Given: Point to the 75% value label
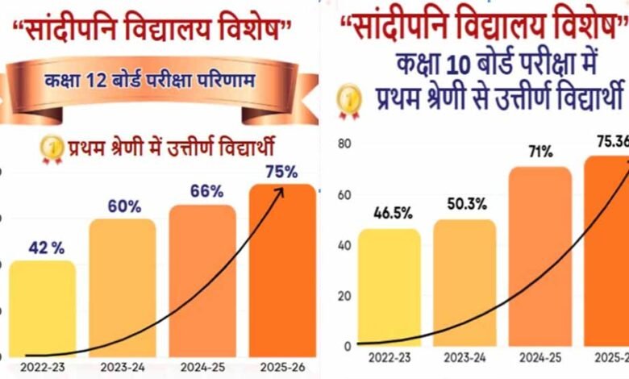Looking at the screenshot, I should click(281, 171).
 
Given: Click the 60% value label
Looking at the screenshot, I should click(122, 206).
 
